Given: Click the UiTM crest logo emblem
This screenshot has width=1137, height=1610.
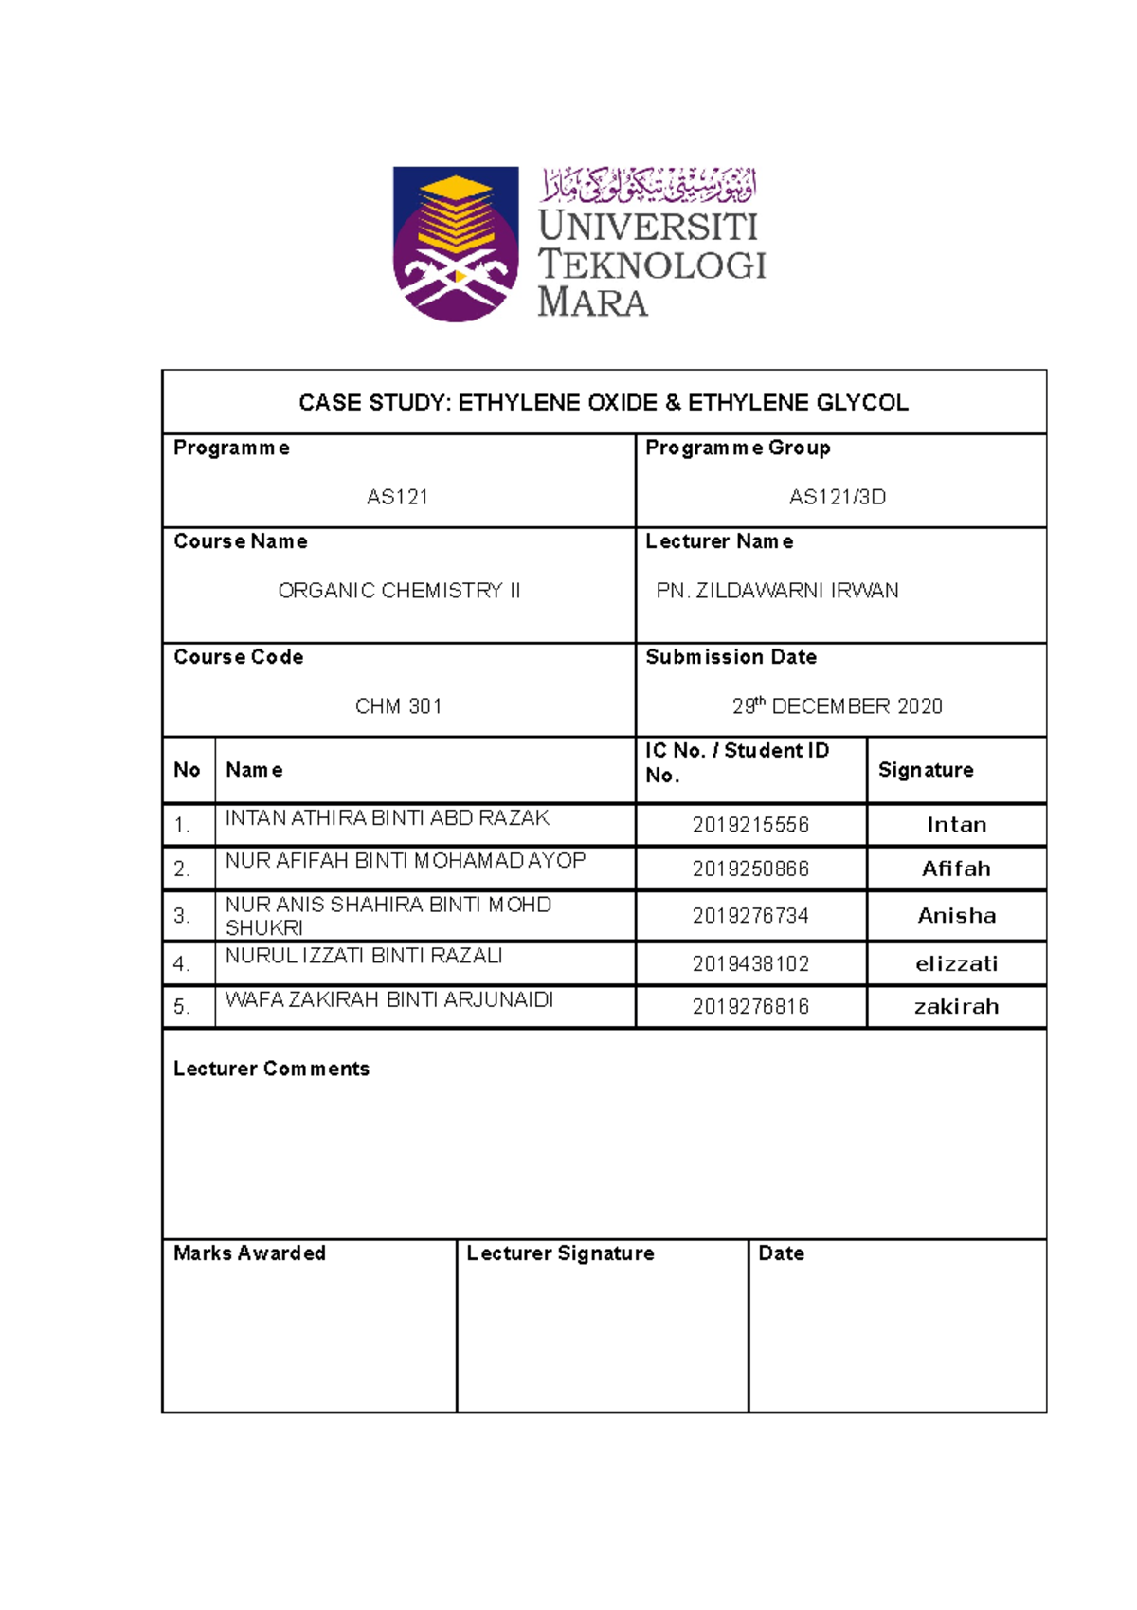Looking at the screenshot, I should click(456, 244).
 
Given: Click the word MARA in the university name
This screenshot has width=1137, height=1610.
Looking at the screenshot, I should click(592, 302).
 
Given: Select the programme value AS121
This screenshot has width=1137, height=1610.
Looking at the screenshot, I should click(397, 497).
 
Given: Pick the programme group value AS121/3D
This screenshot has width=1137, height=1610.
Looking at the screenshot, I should click(838, 497).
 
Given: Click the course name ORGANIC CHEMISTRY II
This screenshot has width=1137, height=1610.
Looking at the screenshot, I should click(399, 591).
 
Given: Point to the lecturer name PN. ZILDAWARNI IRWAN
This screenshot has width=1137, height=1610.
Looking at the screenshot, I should click(777, 591).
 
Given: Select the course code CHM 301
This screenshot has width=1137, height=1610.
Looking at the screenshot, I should click(398, 706).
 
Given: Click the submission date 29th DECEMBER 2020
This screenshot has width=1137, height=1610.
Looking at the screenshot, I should click(838, 706).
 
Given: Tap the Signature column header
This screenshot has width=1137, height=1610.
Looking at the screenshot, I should click(926, 770).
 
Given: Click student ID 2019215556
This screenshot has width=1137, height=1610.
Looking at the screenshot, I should click(750, 825).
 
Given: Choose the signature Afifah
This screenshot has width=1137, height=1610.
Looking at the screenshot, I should click(956, 869).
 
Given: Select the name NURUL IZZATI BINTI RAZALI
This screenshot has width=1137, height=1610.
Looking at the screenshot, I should click(364, 956).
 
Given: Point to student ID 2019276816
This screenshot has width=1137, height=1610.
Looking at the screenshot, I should click(750, 1007).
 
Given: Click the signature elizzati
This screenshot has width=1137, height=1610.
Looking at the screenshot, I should click(956, 964).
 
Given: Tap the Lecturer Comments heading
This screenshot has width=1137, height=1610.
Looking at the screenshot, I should click(271, 1069).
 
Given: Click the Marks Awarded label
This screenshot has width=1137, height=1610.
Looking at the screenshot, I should click(249, 1253).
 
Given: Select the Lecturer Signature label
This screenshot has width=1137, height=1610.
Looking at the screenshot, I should click(560, 1253).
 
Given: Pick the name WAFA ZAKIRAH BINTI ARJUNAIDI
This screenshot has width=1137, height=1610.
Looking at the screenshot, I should click(388, 999).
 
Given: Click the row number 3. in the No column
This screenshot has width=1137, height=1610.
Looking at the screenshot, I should click(182, 916).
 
